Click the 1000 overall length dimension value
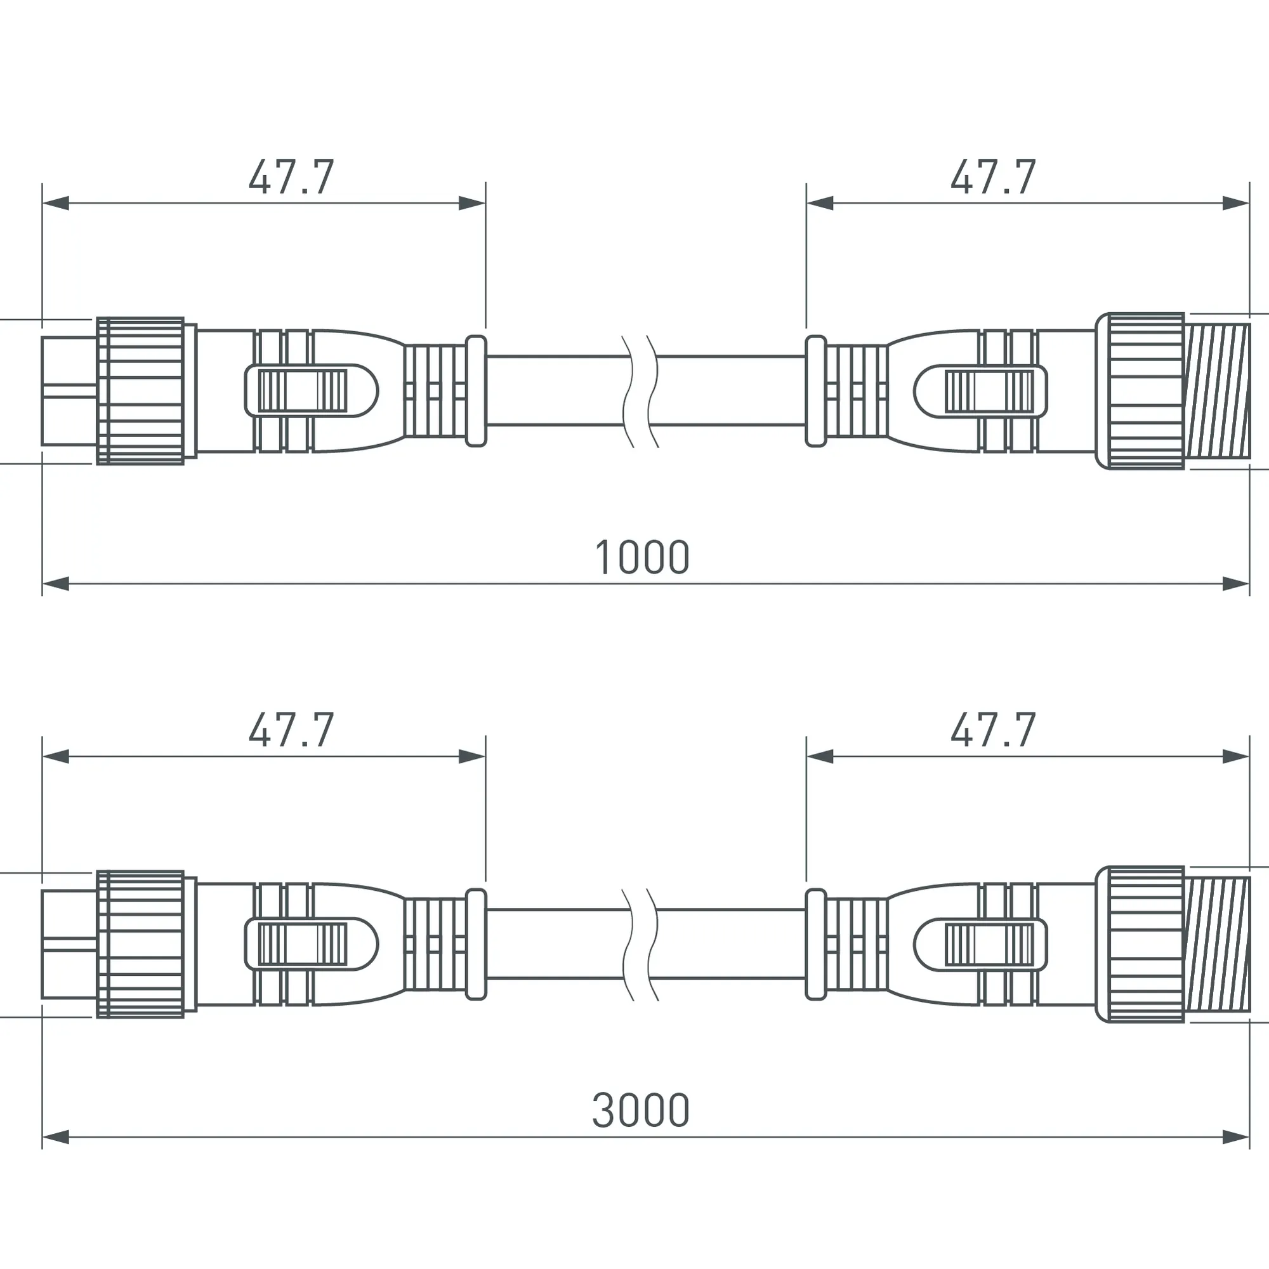click(x=641, y=558)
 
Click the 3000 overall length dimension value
click(x=640, y=1111)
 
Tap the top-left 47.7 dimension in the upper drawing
click(x=292, y=178)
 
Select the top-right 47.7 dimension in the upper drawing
click(x=993, y=178)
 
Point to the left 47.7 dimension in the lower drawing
click(x=292, y=730)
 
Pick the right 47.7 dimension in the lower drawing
click(x=993, y=730)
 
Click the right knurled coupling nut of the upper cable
click(x=1140, y=391)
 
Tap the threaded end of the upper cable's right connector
click(x=1218, y=391)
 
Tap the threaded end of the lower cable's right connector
click(x=1218, y=944)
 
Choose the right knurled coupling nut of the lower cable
click(x=1140, y=944)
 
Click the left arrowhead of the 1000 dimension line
click(x=56, y=583)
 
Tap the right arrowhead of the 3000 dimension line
click(x=1235, y=1137)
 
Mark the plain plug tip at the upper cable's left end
click(x=69, y=391)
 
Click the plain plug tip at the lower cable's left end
click(x=69, y=944)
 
